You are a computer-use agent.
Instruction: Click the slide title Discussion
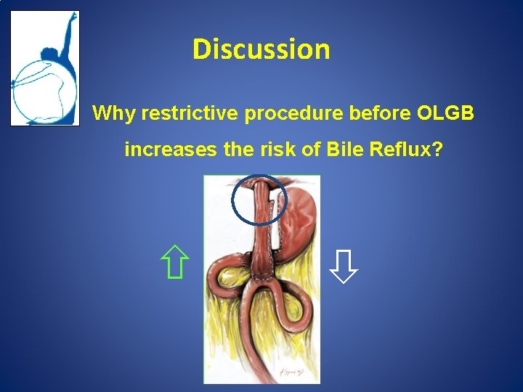pos(261,49)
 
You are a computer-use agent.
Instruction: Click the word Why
pos(114,114)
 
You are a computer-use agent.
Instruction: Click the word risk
pos(272,150)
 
